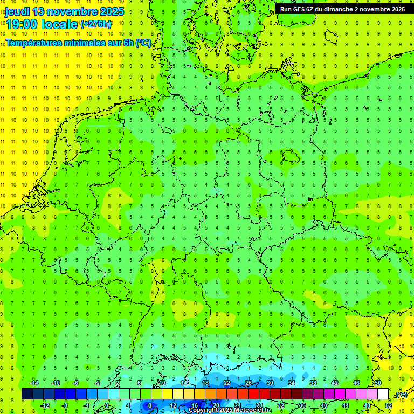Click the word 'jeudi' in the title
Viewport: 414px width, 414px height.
click(x=17, y=11)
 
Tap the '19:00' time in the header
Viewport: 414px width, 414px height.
click(x=21, y=24)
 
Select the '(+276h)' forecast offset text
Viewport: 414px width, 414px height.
click(x=96, y=24)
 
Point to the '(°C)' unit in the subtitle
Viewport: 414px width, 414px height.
click(x=143, y=43)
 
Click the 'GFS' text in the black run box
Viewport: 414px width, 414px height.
click(x=299, y=9)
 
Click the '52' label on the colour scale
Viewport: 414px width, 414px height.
click(x=389, y=405)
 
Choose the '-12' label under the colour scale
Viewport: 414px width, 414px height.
click(x=45, y=405)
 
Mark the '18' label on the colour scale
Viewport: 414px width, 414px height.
click(x=205, y=383)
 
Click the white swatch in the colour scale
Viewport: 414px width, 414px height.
click(x=383, y=394)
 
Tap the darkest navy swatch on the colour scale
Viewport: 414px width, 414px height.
click(x=27, y=394)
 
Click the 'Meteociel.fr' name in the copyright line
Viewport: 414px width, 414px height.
click(x=252, y=410)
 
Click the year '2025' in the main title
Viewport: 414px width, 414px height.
click(x=108, y=11)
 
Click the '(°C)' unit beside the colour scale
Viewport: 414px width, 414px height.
click(x=401, y=395)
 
